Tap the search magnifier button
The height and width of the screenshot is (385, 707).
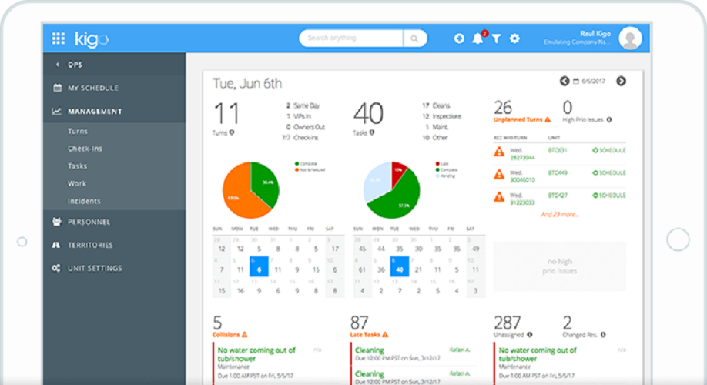414,38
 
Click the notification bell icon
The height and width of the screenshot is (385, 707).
477,38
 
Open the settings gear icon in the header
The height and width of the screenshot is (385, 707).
514,38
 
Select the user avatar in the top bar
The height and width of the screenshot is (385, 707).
629,38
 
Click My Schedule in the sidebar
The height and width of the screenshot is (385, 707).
92,88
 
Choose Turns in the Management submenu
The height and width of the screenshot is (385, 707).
78,132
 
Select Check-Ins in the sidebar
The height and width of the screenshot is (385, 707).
85,149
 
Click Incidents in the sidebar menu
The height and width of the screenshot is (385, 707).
84,201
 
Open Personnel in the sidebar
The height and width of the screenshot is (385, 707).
89,222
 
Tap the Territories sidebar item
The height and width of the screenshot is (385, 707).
90,245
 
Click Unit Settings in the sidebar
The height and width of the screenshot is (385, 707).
94,268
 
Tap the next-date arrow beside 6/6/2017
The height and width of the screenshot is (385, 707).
621,81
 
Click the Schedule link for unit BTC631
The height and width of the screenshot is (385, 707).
608,150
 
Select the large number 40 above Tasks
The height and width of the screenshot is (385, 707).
368,114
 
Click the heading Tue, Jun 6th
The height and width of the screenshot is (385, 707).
247,83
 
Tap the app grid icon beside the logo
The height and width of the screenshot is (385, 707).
59,38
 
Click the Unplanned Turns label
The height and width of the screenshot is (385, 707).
519,120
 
